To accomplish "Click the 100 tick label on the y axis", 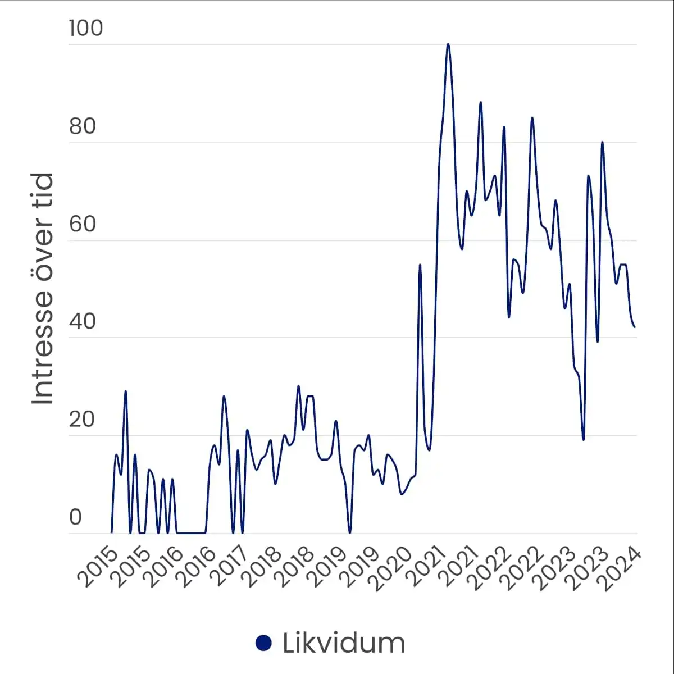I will [x=86, y=28].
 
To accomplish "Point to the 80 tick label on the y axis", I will [x=83, y=126].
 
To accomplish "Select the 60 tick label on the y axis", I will [x=83, y=224].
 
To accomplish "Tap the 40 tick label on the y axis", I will [x=83, y=322].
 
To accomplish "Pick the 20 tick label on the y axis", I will [x=83, y=420].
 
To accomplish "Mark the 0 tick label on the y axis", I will [x=75, y=517].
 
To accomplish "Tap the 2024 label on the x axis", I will [x=622, y=568].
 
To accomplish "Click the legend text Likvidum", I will [x=344, y=643].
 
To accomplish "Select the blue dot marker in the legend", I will [x=263, y=643].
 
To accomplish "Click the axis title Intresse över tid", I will [x=43, y=289].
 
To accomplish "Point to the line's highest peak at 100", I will [x=448, y=44].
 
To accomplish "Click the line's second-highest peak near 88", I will [x=480, y=103].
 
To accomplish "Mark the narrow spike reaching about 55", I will [x=420, y=265].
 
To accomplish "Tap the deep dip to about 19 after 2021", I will [x=584, y=439].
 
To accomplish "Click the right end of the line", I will [x=635, y=327].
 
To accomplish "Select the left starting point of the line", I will [x=112, y=532].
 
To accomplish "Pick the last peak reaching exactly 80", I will [x=602, y=143].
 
